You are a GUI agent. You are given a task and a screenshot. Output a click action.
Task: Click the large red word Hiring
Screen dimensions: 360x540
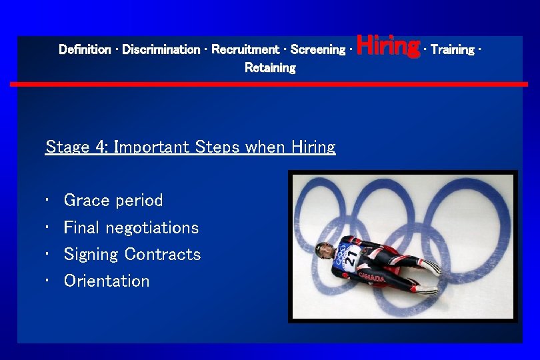388,47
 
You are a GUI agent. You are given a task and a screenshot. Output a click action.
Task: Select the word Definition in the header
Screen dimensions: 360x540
85,49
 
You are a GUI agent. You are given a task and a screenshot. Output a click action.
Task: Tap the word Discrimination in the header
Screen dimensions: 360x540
161,49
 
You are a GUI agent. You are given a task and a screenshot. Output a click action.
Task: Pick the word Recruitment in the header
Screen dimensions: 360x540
245,49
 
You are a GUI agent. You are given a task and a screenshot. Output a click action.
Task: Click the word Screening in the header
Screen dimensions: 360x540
318,49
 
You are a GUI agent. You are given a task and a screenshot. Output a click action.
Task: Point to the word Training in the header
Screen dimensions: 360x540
452,49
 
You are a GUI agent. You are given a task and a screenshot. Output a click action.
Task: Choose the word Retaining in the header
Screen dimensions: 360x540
270,68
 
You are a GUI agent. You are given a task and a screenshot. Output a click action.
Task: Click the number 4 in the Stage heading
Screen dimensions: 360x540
102,147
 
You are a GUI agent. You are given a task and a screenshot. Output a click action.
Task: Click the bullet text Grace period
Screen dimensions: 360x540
113,201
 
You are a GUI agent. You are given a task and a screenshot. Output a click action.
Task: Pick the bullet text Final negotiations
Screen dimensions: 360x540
131,227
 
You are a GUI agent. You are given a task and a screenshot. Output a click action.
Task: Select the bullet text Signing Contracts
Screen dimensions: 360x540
132,254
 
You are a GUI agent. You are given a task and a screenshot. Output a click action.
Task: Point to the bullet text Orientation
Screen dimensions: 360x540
107,281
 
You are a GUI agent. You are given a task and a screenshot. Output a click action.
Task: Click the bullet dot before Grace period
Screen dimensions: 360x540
49,201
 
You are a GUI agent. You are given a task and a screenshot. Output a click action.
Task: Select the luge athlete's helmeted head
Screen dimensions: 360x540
325,251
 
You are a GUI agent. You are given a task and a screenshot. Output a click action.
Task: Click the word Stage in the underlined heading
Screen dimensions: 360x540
68,147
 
